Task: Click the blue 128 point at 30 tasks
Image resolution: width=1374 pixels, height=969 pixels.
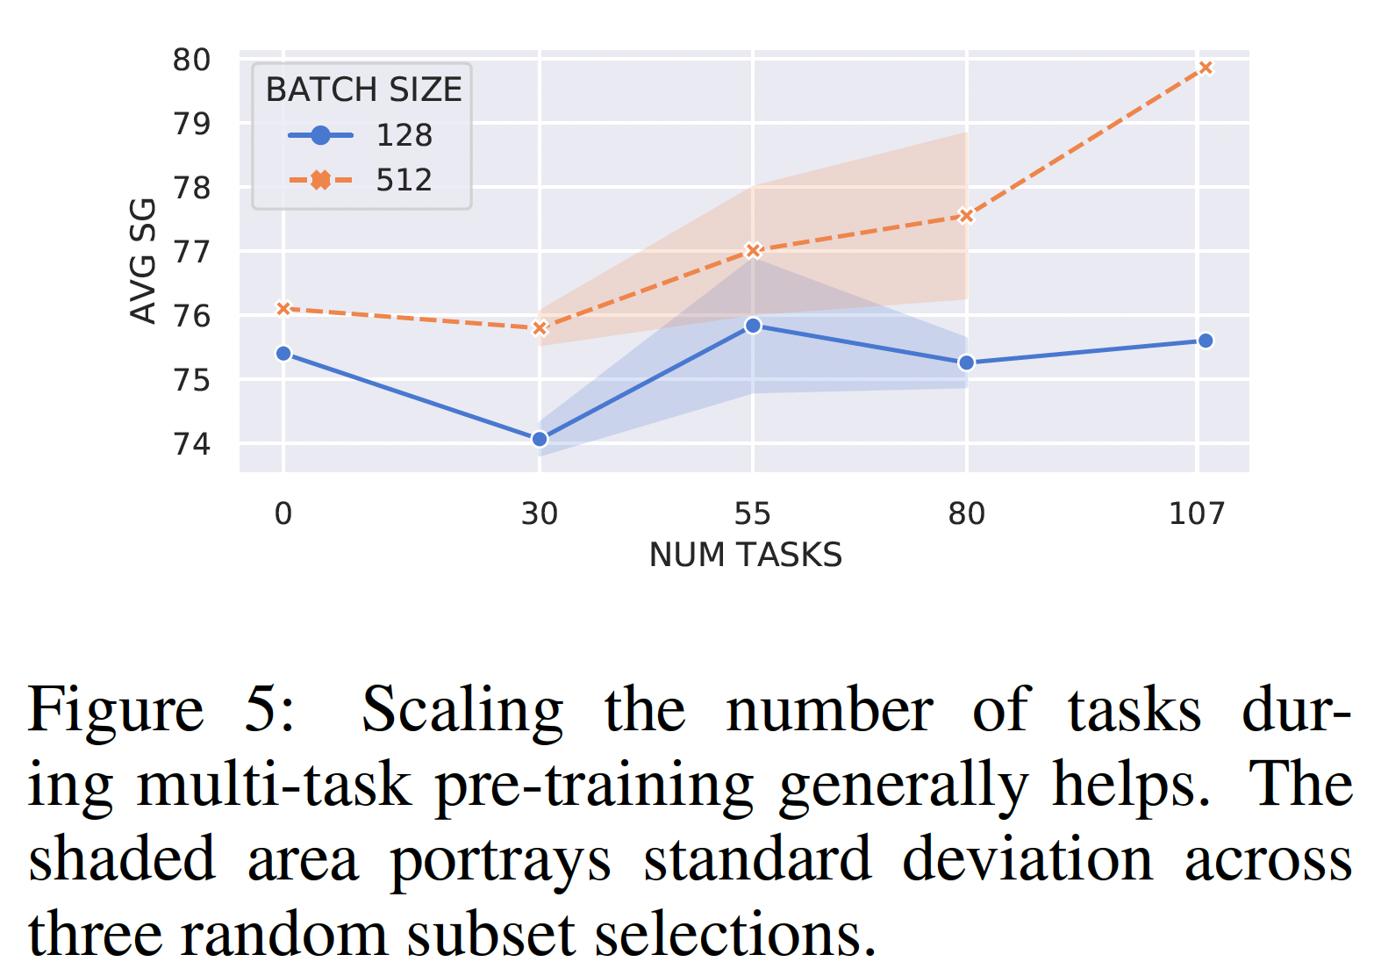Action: (x=540, y=439)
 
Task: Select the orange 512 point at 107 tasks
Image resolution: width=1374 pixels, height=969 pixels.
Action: (x=1206, y=68)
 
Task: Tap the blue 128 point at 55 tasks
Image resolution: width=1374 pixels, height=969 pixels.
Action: (x=753, y=326)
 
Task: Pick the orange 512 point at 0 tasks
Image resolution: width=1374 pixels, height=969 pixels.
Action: (x=283, y=308)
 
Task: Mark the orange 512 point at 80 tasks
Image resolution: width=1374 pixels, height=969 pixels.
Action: (x=966, y=215)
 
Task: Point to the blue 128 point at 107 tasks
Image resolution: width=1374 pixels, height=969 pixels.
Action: (x=1206, y=341)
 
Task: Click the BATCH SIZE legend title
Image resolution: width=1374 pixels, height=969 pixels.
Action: (x=363, y=90)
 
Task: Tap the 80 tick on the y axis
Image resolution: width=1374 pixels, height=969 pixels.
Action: (x=191, y=60)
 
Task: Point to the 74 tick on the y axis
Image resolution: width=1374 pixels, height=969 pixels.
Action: (x=191, y=444)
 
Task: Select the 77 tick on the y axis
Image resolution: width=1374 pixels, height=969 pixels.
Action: (x=191, y=252)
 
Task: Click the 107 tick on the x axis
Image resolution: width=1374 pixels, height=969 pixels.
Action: (x=1196, y=513)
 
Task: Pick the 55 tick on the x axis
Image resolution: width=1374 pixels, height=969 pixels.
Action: (x=752, y=513)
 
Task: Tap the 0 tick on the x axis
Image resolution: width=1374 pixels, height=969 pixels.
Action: (x=283, y=513)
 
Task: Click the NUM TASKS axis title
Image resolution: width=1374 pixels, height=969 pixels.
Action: (x=746, y=556)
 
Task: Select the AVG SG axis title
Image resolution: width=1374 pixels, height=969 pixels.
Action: (x=142, y=261)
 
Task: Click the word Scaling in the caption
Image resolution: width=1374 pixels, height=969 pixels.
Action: (x=462, y=709)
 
